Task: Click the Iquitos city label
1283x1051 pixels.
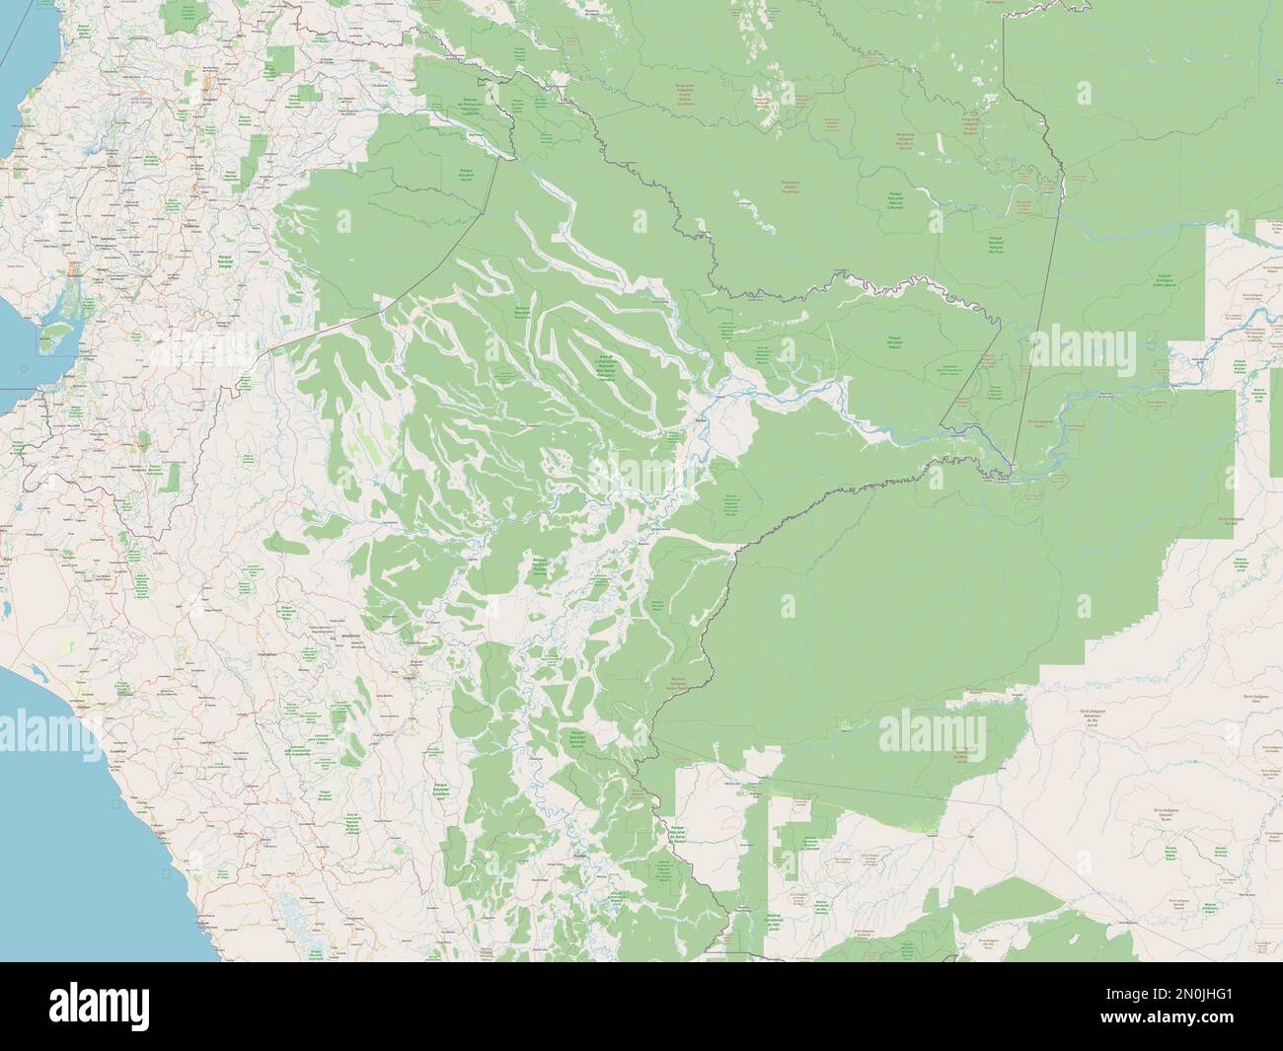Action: tap(674, 419)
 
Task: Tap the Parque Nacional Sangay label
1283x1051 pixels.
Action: tap(225, 262)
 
